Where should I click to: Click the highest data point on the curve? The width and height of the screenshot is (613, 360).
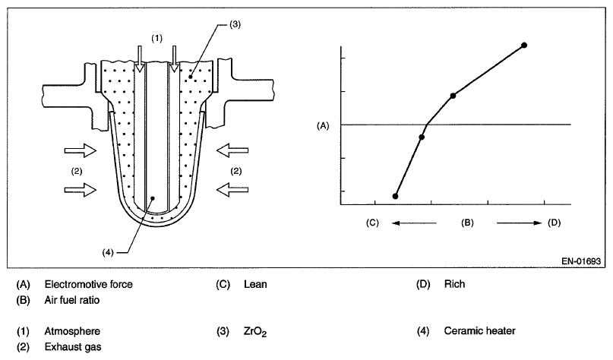point(524,46)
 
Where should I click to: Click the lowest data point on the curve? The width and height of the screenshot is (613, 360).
point(395,196)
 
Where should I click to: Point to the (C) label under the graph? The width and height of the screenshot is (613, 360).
point(372,223)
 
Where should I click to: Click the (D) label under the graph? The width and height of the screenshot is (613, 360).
point(554,223)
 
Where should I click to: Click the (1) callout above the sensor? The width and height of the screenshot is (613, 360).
point(156,37)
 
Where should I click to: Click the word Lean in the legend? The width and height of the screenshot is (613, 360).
point(256,285)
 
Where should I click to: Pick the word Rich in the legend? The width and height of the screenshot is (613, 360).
point(455,285)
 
